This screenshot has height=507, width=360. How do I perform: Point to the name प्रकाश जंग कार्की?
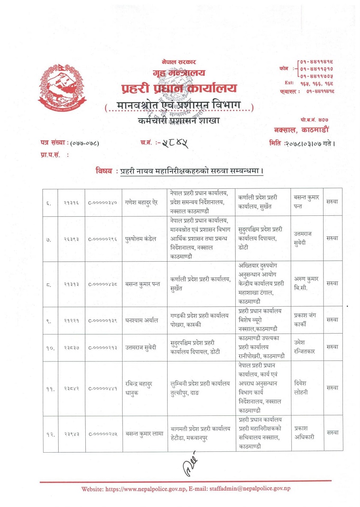pyautogui.click(x=306, y=320)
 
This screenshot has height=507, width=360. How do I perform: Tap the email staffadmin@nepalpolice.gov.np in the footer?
pyautogui.click(x=252, y=489)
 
